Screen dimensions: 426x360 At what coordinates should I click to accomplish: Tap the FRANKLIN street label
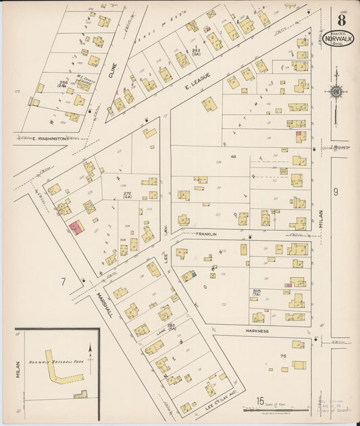[206, 234]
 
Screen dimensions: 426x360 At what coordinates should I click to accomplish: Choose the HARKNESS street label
[257, 331]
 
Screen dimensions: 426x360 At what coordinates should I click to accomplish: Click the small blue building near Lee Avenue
[193, 274]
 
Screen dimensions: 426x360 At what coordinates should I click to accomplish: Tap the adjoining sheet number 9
[334, 192]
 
